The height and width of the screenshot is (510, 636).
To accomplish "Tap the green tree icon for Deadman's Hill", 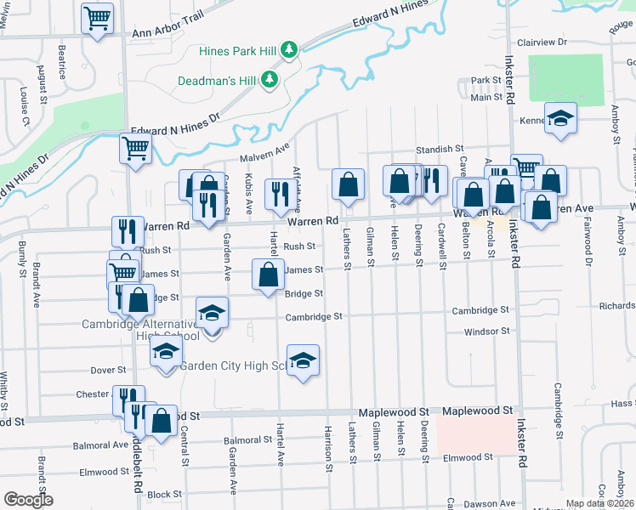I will point(270,80).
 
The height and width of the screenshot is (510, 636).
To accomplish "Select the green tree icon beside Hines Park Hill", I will point(289,49).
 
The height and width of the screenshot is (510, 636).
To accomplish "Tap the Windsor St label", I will point(486,331).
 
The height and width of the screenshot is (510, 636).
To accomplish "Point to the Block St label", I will point(165,494).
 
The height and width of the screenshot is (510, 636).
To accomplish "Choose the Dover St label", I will point(108,371).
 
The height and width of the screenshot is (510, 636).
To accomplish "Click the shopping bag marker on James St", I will point(268,274).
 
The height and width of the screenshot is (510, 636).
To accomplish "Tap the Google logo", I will point(27,499).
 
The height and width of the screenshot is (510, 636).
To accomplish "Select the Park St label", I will point(486,81).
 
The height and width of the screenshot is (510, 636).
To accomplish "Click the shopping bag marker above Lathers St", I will point(348,184).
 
